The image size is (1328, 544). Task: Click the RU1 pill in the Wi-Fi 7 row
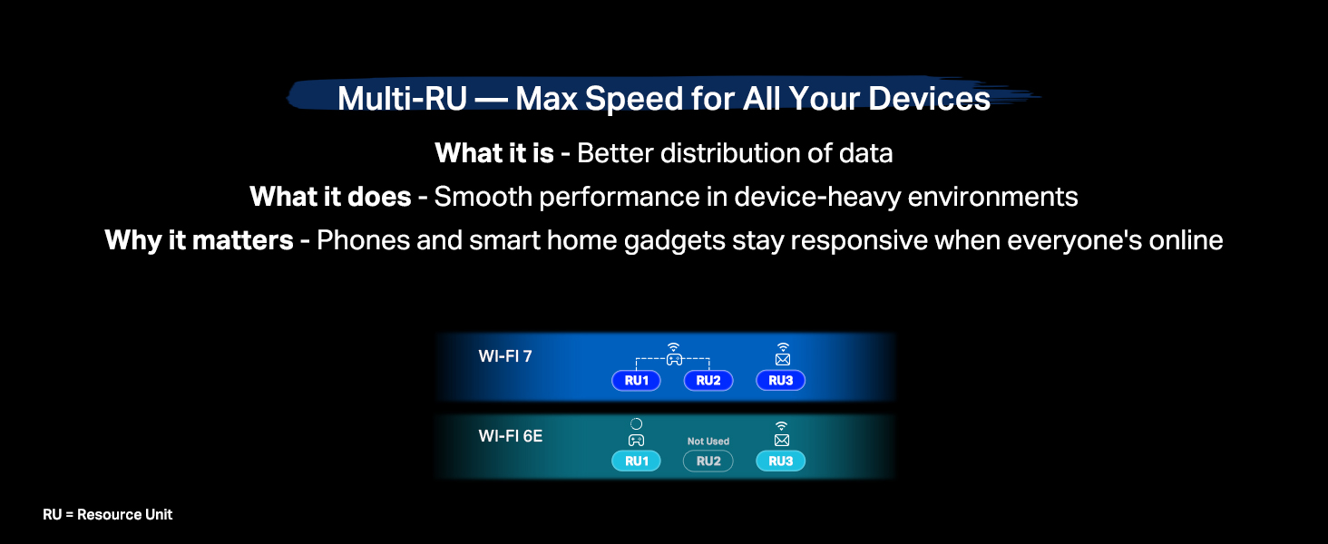point(636,381)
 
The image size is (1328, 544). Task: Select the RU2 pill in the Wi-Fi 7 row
point(708,381)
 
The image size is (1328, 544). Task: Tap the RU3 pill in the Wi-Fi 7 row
point(781,381)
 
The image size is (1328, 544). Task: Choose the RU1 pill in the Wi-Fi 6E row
point(636,461)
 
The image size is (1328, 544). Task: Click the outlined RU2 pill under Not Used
point(708,461)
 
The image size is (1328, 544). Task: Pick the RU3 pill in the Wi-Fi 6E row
point(781,461)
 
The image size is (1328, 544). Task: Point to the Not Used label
point(708,442)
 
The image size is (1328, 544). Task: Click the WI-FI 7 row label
point(505,356)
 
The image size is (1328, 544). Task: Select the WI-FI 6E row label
point(511,436)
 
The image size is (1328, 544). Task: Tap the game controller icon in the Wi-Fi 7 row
point(673,359)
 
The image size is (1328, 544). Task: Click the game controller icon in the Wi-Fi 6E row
point(636,441)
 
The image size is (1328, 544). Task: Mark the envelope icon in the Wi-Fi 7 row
point(782,360)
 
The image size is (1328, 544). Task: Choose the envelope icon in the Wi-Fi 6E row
point(782,441)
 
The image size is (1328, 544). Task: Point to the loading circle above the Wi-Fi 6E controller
point(636,423)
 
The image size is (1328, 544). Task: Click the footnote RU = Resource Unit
point(107,515)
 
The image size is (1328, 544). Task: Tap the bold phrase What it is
point(494,153)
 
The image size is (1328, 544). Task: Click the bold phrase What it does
point(330,197)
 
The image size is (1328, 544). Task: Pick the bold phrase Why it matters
point(199,240)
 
